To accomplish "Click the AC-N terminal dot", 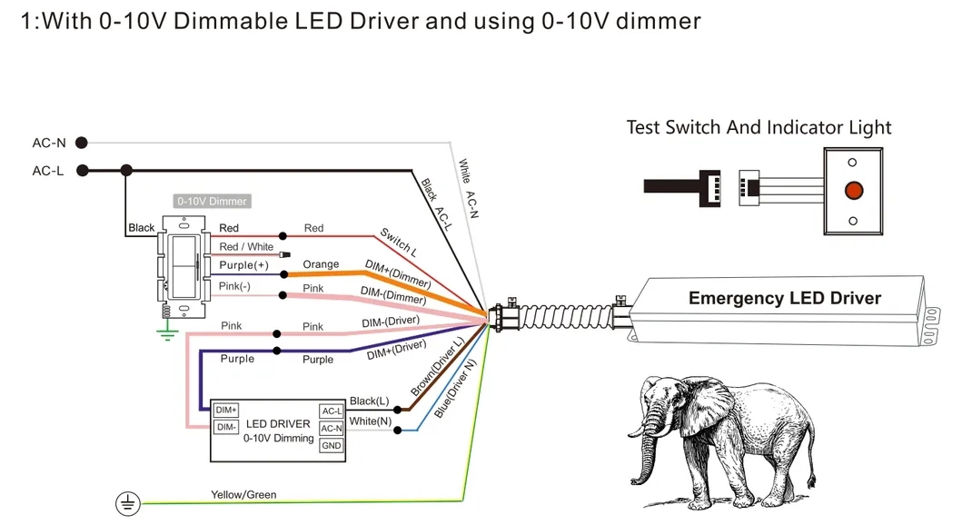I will pos(82,143).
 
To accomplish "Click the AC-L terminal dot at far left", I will pos(82,170).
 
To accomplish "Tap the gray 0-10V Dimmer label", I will pos(212,201).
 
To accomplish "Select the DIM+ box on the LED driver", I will pos(226,411).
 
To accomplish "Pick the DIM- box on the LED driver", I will pos(226,427).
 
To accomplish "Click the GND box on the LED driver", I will pos(332,445).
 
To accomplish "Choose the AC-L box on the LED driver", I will pos(332,411).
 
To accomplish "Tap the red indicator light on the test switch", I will pos(852,191).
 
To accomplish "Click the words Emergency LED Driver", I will pos(784,298).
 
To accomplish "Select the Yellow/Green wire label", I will pos(243,495).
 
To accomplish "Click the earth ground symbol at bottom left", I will pos(126,502).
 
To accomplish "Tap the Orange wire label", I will pos(321,264).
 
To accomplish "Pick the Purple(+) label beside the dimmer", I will pos(243,265).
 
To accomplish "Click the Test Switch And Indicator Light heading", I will pos(759,127).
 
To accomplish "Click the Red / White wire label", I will pos(246,247).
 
